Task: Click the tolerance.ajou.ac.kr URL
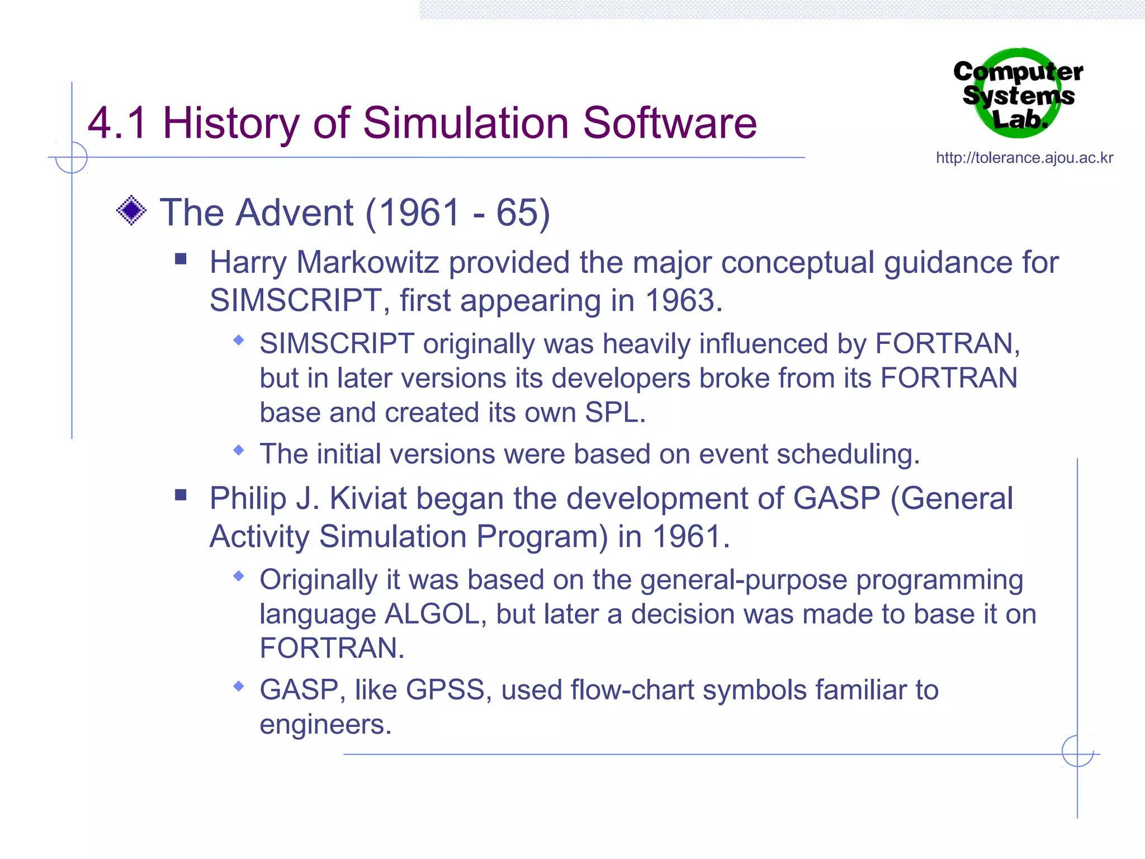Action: pos(1024,158)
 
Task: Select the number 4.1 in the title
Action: pos(118,123)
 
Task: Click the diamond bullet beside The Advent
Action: pos(131,211)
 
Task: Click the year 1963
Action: pos(684,300)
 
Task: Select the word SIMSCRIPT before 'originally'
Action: pos(337,343)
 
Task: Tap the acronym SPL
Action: pos(614,413)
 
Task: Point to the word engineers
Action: pos(325,725)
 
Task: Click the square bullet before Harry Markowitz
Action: pos(181,259)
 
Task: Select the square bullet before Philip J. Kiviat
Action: pos(181,495)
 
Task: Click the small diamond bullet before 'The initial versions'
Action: pos(239,450)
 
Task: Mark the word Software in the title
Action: pos(670,123)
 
